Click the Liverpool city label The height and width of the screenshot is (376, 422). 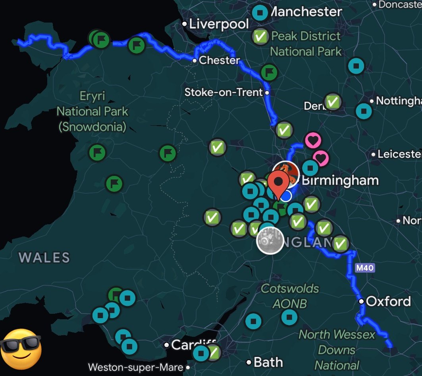click(219, 24)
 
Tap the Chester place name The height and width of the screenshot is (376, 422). click(219, 60)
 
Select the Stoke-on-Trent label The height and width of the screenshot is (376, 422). click(224, 92)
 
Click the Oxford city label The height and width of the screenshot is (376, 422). click(388, 301)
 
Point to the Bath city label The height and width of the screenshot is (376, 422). click(268, 362)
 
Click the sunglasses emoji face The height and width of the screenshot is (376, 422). click(21, 349)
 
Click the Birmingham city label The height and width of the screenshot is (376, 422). click(340, 180)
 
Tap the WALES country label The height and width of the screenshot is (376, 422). click(44, 258)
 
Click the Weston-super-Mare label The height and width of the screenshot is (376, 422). click(136, 367)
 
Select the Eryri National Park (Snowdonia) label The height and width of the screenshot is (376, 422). click(92, 111)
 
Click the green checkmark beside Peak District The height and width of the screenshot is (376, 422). click(260, 37)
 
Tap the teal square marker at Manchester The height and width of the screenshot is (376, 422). click(260, 13)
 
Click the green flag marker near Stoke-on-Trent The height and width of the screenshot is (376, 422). click(269, 72)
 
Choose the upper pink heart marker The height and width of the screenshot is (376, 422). click(312, 140)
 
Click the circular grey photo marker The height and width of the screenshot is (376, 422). click(270, 240)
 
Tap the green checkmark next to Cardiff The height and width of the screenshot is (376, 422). click(214, 352)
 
